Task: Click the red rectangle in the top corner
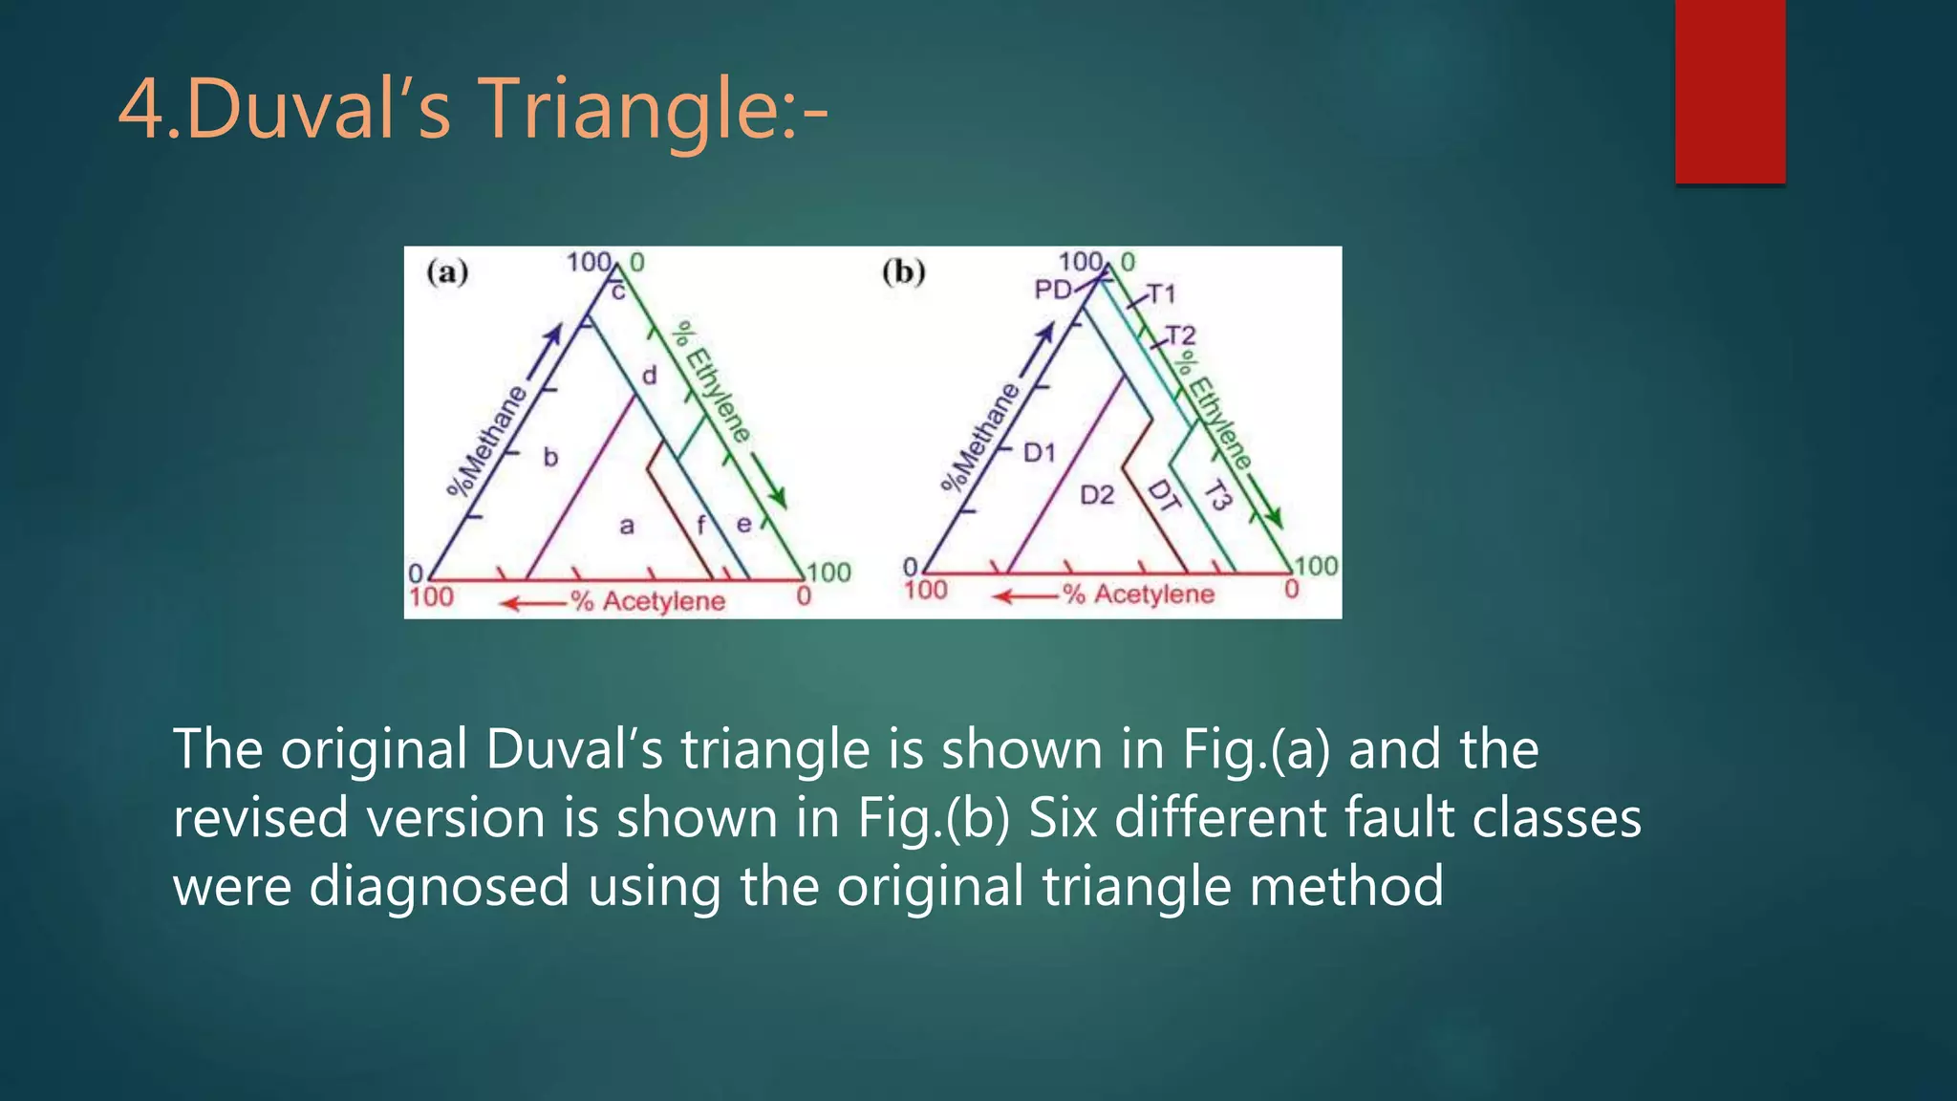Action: (x=1730, y=91)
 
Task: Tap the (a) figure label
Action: (x=447, y=272)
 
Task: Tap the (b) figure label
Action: (x=903, y=272)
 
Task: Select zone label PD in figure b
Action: (x=1052, y=289)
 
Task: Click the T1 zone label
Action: (x=1161, y=293)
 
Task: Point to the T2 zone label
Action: (x=1181, y=335)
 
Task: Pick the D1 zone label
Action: (x=1039, y=452)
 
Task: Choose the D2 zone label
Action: (x=1097, y=494)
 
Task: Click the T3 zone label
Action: (x=1217, y=495)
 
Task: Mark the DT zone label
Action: (x=1163, y=495)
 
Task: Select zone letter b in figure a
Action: (x=550, y=458)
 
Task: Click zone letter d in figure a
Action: (x=650, y=376)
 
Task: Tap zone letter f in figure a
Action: (x=701, y=524)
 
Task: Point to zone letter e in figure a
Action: (x=743, y=524)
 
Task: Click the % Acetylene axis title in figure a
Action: (x=648, y=601)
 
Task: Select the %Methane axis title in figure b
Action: (x=980, y=437)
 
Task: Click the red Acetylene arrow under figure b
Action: (x=1024, y=596)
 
